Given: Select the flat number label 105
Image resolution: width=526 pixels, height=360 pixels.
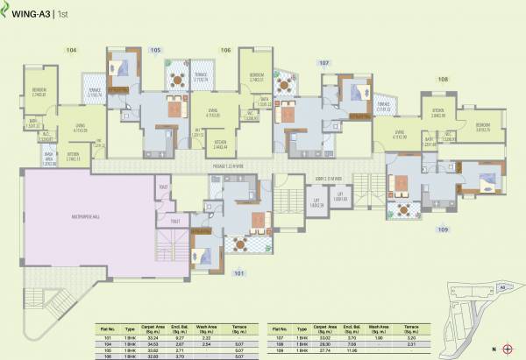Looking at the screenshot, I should (156, 51).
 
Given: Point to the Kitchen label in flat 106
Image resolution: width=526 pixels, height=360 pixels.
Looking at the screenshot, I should (221, 145).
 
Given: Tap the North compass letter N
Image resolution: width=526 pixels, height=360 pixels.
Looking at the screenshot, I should (494, 349).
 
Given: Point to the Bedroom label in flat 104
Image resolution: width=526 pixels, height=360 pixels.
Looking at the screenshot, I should (39, 91).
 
